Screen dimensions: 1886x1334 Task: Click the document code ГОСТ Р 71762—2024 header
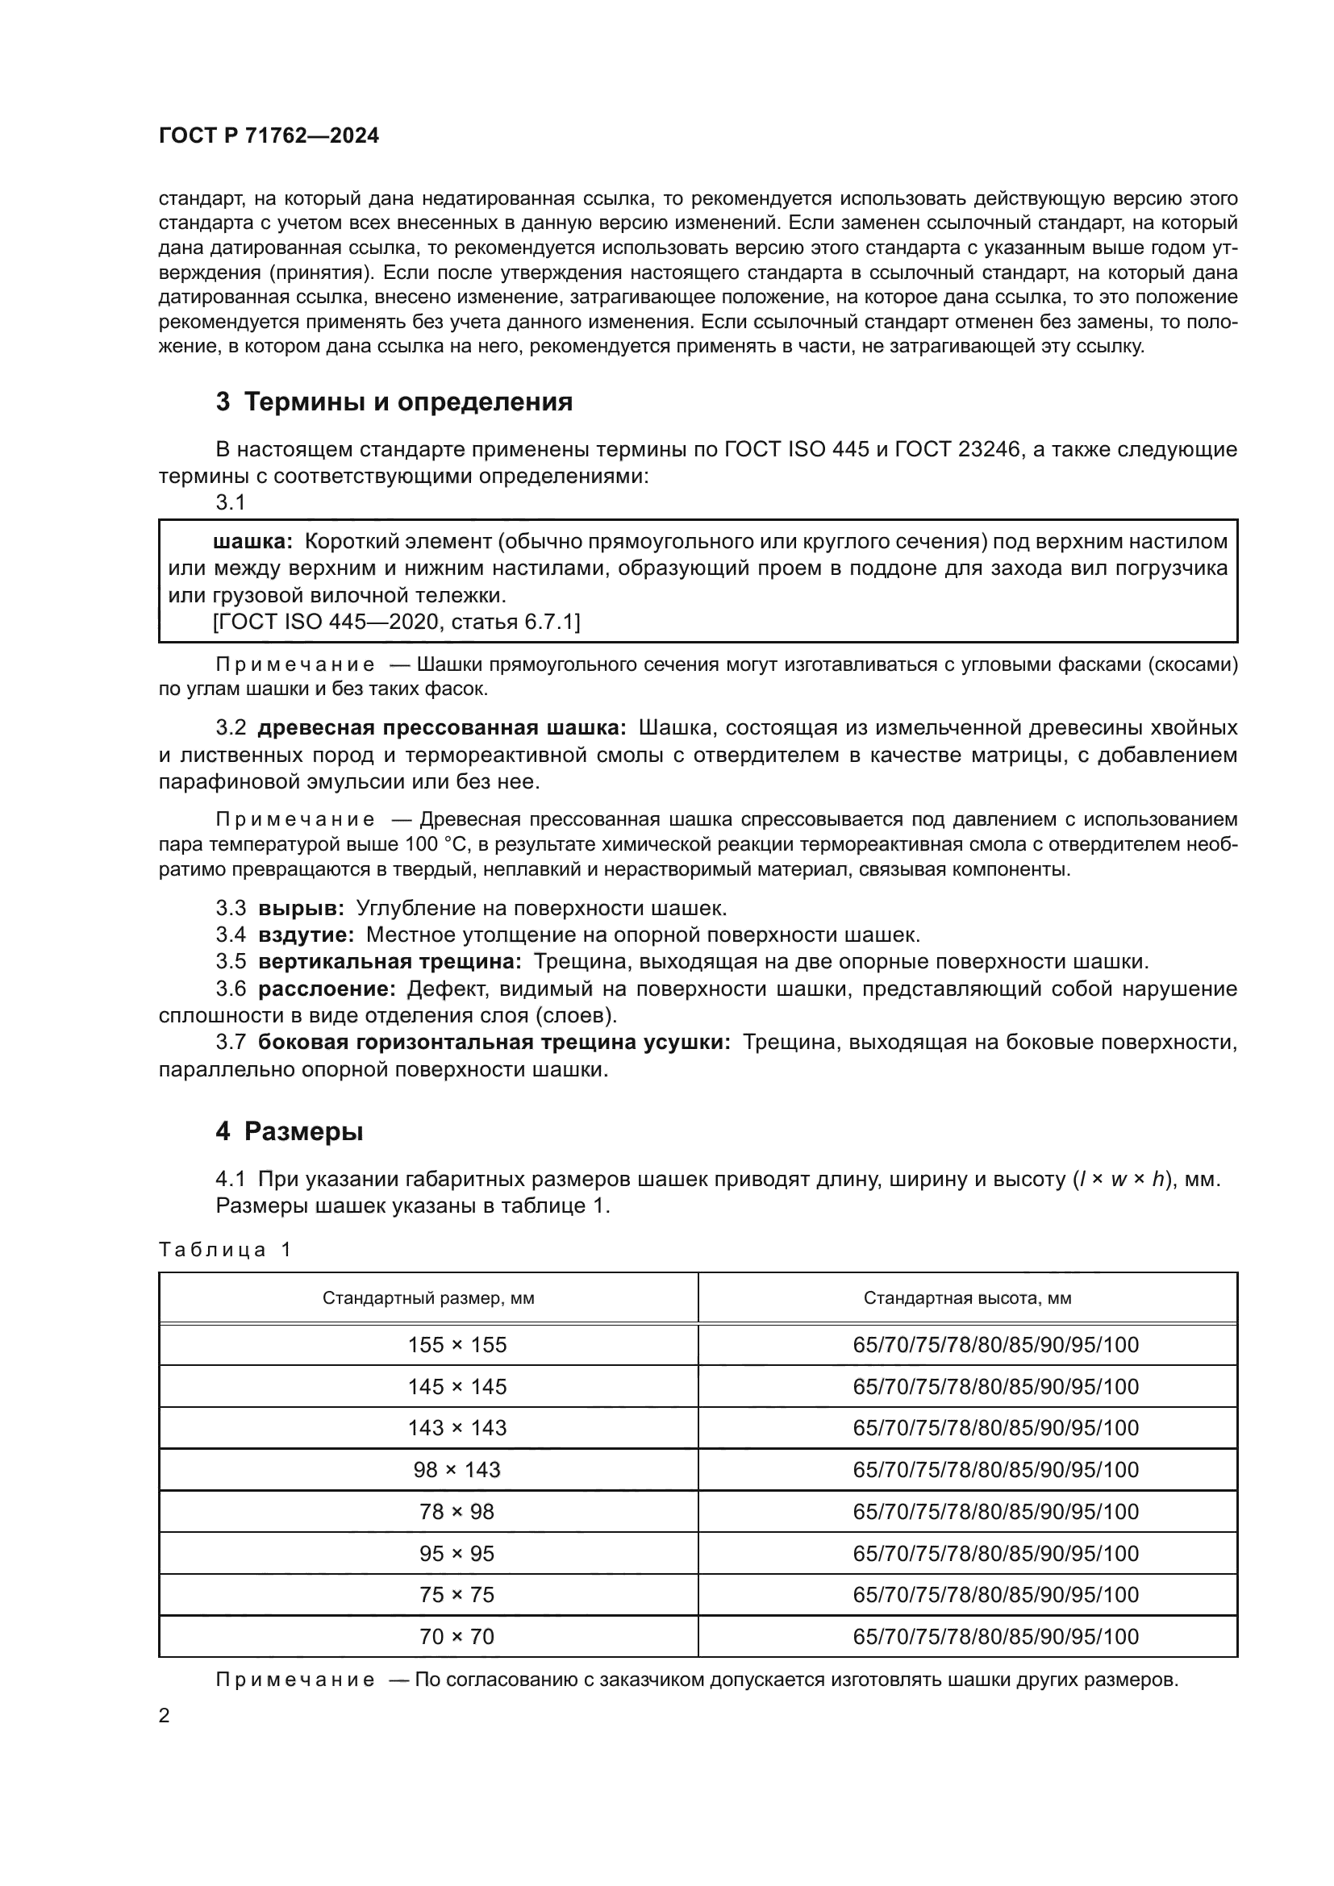[269, 136]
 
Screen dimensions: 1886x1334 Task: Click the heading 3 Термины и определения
[394, 402]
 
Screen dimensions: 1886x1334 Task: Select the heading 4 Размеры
[290, 1131]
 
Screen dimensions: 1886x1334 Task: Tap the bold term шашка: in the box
[253, 541]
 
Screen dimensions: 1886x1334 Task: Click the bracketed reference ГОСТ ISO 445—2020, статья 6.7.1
[396, 622]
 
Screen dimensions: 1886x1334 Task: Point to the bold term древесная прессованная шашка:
[442, 728]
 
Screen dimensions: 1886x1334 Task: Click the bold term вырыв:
[302, 908]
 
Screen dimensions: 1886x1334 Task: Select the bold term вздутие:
[306, 935]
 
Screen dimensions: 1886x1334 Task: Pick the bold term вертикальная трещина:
[390, 961]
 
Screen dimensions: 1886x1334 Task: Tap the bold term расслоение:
[327, 989]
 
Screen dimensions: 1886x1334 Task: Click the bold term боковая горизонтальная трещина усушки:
[494, 1043]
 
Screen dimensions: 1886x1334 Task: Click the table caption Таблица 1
[224, 1249]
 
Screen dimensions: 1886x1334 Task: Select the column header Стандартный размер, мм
[428, 1298]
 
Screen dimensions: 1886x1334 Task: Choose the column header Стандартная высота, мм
[967, 1298]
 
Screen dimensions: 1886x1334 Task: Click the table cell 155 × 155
[456, 1345]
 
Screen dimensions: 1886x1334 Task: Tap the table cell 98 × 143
[456, 1470]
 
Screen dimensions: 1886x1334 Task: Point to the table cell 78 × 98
[456, 1511]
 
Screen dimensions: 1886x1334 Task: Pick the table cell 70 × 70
[456, 1636]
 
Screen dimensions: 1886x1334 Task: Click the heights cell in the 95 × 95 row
[995, 1553]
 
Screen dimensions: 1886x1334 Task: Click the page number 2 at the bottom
[165, 1716]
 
